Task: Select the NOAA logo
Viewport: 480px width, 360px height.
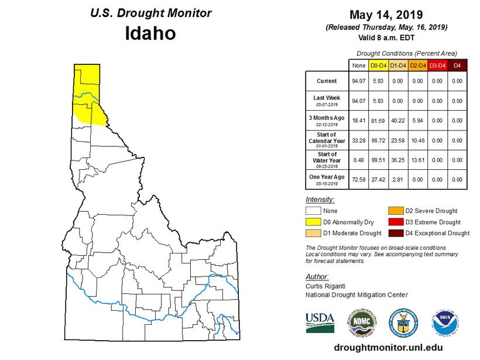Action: pos(443,323)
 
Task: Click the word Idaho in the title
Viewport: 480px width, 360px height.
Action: pos(150,33)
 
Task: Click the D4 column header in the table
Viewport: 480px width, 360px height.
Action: pos(457,66)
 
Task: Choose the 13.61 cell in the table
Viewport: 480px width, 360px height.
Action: pos(417,160)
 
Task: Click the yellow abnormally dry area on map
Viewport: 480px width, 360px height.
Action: pos(88,91)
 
